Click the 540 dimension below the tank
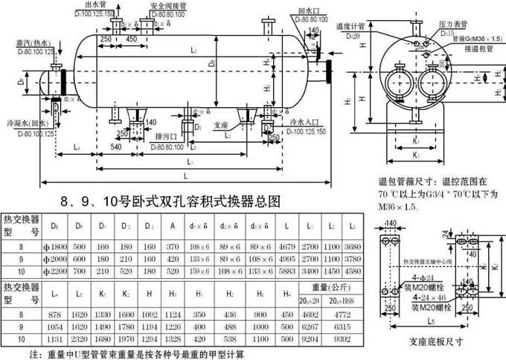[x=115, y=147]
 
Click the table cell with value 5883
[x=286, y=272]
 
